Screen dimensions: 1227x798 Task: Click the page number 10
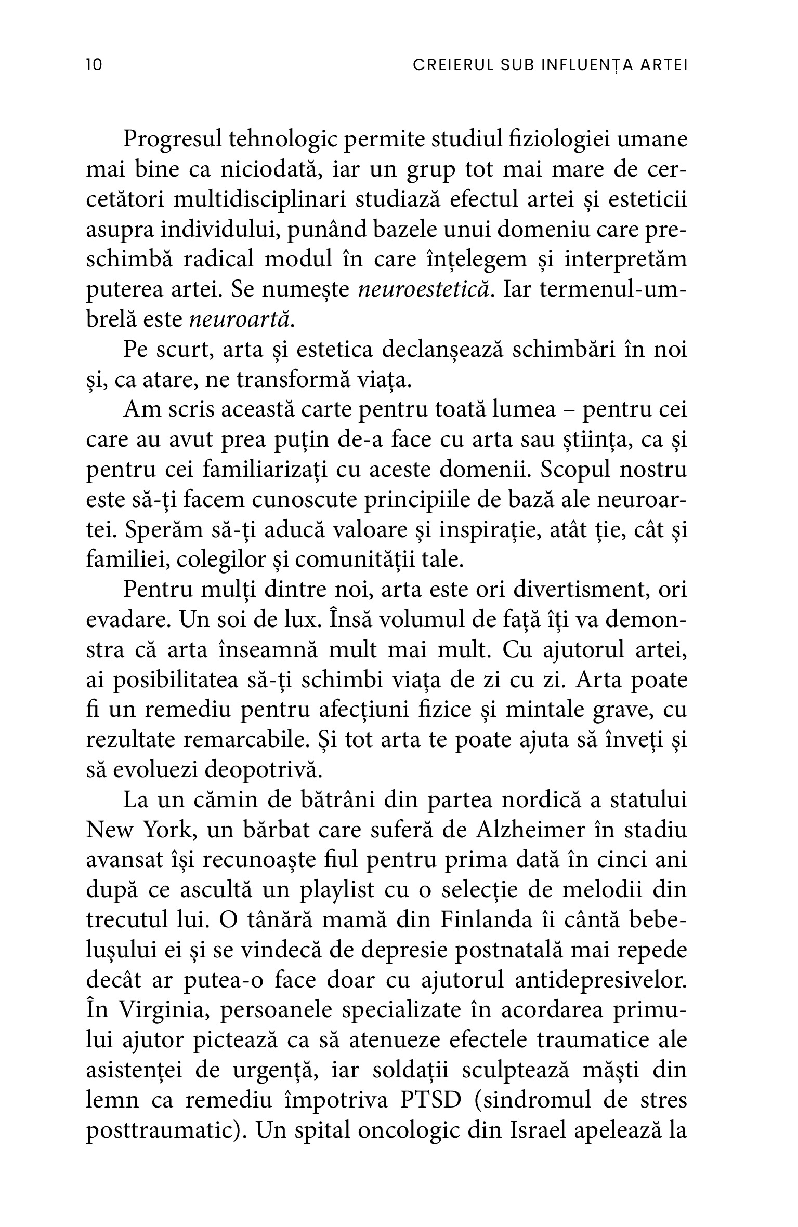(x=95, y=65)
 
